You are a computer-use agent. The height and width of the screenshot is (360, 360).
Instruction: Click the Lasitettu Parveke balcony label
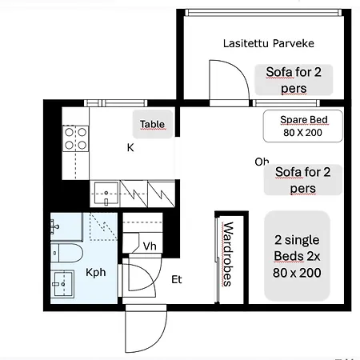point(257,42)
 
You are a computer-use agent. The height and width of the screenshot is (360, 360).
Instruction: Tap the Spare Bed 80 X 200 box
point(302,126)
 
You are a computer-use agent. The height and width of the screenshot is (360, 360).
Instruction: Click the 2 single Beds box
point(296,256)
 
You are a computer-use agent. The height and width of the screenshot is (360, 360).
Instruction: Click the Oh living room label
point(262,162)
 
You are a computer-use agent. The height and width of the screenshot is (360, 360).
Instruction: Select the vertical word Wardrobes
point(227,254)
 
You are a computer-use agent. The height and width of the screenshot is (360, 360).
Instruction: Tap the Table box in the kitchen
point(152,124)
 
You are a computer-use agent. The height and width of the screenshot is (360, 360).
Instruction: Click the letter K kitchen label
point(130,147)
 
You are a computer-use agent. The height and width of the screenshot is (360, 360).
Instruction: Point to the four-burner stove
point(76,139)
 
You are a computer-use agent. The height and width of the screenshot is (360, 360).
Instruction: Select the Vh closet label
point(150,246)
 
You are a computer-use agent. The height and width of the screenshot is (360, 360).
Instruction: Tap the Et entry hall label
point(178,279)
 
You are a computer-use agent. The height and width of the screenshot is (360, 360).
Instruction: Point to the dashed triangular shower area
point(100,230)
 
